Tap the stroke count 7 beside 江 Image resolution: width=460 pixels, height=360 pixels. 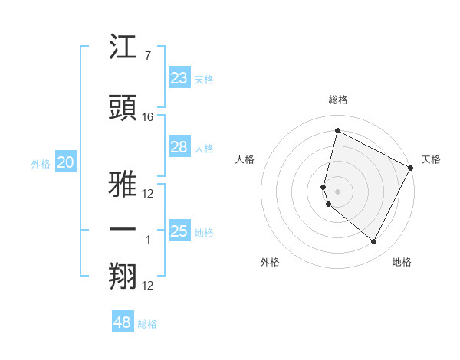click(147, 56)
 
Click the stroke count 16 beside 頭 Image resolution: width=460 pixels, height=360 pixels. click(149, 117)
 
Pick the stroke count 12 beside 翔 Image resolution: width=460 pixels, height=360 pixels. click(149, 286)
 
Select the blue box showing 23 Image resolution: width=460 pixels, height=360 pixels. click(179, 78)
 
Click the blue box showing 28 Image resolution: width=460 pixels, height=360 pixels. click(179, 147)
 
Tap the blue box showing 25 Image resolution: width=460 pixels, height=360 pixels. click(179, 231)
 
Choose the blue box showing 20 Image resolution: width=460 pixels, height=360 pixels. click(66, 162)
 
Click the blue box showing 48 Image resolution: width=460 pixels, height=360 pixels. click(123, 322)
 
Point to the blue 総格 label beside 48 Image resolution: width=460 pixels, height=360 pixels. click(147, 324)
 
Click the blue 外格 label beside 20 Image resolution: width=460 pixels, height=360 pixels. click(40, 163)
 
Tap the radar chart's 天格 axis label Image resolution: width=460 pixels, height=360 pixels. click(431, 159)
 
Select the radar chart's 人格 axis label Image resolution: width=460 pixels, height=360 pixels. click(245, 159)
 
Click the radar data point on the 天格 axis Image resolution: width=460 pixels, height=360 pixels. click(411, 168)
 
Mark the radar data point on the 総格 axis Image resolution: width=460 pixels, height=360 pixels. click(337, 130)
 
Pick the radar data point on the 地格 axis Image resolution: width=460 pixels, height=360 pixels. click(373, 242)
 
